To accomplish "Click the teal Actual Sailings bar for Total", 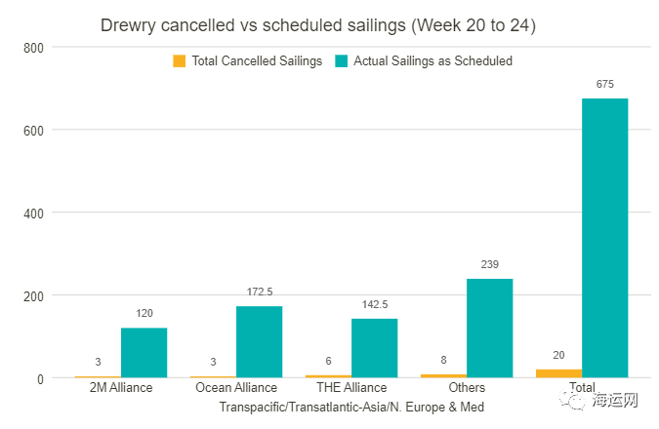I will click(604, 238).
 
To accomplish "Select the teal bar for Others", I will click(489, 328).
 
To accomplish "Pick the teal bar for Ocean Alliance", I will click(259, 341).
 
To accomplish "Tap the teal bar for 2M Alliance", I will click(144, 352).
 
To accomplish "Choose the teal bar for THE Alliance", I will click(374, 347).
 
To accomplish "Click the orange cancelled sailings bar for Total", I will click(558, 373).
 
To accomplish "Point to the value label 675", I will click(604, 85).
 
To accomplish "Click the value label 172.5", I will click(259, 292).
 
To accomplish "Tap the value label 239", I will click(489, 265).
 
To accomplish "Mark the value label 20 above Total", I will click(558, 356).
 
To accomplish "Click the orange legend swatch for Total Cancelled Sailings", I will click(180, 60).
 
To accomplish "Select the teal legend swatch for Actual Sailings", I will click(342, 60).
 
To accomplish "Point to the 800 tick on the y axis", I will click(34, 47).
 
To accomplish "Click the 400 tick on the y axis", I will click(34, 213).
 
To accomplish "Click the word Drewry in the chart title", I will click(126, 25).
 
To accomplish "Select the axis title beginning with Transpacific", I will click(351, 407).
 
